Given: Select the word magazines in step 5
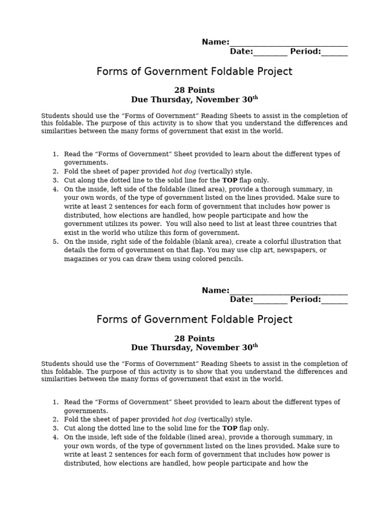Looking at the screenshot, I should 81,258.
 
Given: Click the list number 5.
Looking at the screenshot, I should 56,241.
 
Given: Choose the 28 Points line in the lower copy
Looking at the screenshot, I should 194,338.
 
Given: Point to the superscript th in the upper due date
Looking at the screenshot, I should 255,97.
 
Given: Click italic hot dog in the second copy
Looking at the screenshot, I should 184,419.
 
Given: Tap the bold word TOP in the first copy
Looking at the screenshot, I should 230,180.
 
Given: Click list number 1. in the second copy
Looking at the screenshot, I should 56,402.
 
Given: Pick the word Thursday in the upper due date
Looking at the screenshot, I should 170,99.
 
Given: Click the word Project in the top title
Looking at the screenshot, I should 274,71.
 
